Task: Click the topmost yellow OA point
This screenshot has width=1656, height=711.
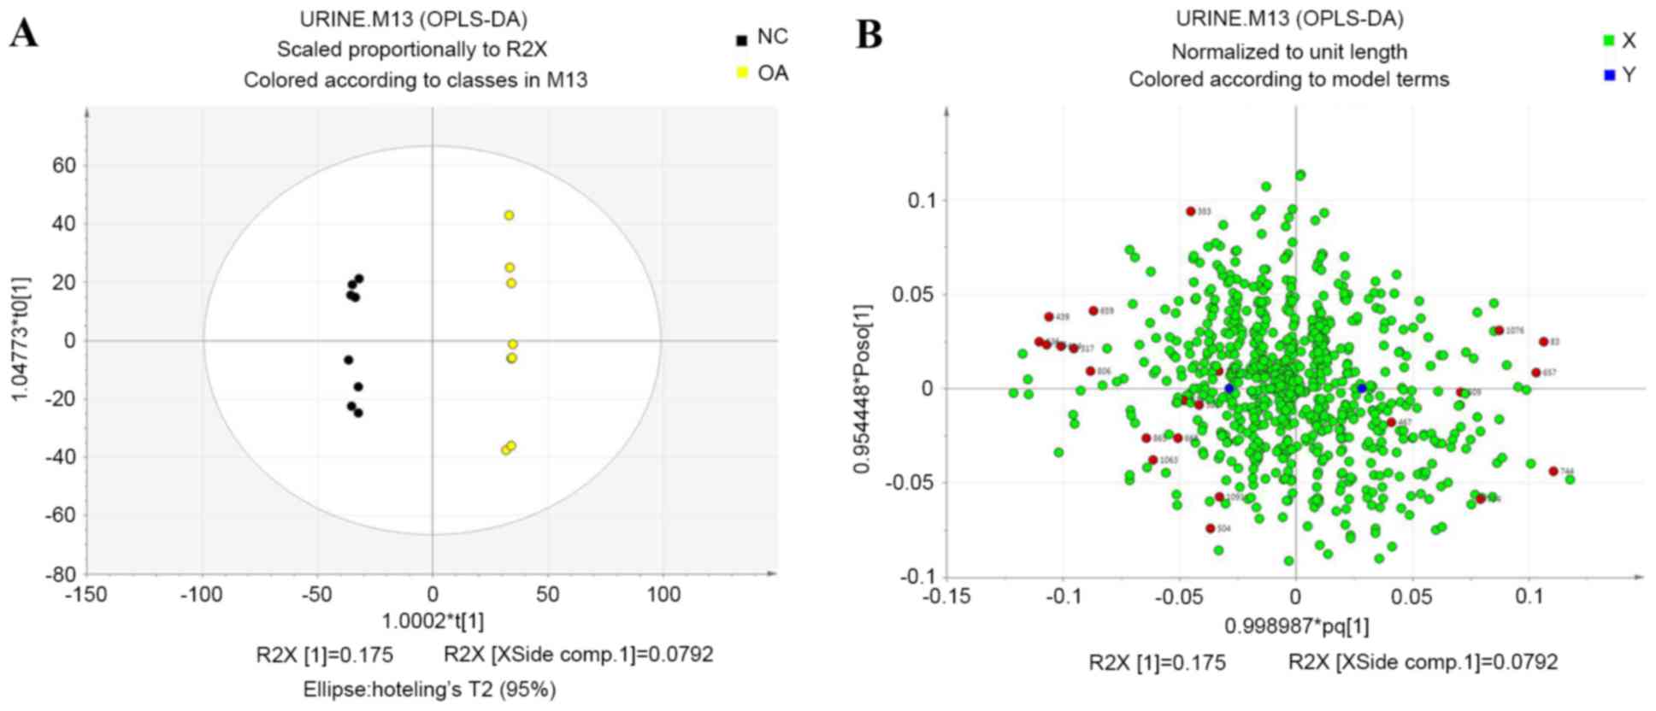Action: pyautogui.click(x=509, y=215)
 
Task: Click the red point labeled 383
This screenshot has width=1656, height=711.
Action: pyautogui.click(x=1191, y=211)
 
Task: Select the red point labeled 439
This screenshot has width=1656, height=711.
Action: pyautogui.click(x=1049, y=317)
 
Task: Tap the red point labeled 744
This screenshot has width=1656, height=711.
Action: pyautogui.click(x=1553, y=471)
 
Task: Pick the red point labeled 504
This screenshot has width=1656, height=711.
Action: pyautogui.click(x=1211, y=529)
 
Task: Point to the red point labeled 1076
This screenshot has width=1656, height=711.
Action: pyautogui.click(x=1499, y=331)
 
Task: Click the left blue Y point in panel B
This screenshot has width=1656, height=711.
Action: pyautogui.click(x=1229, y=388)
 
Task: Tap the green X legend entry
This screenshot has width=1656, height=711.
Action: pyautogui.click(x=1619, y=40)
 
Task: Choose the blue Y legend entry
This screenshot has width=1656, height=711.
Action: pyautogui.click(x=1619, y=75)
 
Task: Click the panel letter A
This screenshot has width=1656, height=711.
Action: pyautogui.click(x=24, y=34)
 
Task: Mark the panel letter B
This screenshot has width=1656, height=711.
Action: pyautogui.click(x=869, y=35)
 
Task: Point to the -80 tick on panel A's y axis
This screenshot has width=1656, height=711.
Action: pyautogui.click(x=60, y=574)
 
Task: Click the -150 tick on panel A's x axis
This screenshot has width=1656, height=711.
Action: pyautogui.click(x=86, y=595)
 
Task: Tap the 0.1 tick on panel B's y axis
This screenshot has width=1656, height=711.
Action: pyautogui.click(x=921, y=200)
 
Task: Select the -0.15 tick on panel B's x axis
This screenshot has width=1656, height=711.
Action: pyautogui.click(x=947, y=596)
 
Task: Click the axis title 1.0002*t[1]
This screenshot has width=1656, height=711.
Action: pyautogui.click(x=433, y=621)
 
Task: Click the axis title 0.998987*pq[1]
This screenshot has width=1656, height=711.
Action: pyautogui.click(x=1296, y=626)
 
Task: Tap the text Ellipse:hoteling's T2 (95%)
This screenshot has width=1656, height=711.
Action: pyautogui.click(x=429, y=689)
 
